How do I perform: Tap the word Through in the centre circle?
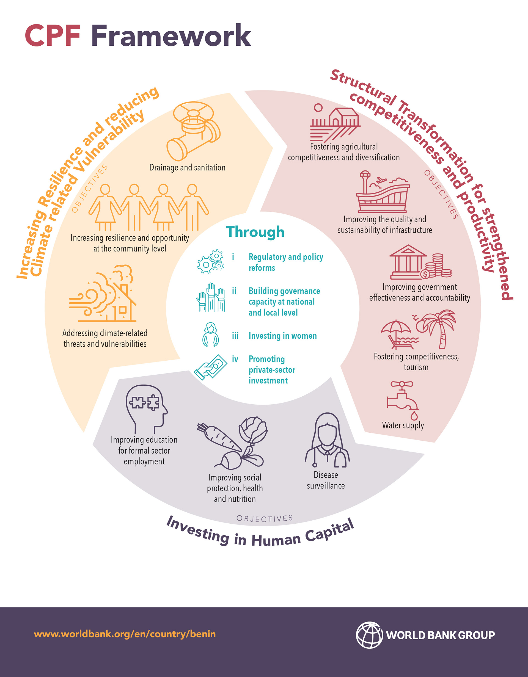[255, 232]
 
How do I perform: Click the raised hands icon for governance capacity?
[211, 297]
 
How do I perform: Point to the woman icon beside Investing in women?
[211, 335]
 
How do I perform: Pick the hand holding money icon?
[211, 367]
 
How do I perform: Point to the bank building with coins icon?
[420, 262]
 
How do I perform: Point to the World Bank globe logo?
[369, 635]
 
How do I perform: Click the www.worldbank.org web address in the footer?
[125, 634]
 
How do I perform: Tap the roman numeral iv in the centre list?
[235, 359]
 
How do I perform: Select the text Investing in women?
[282, 336]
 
